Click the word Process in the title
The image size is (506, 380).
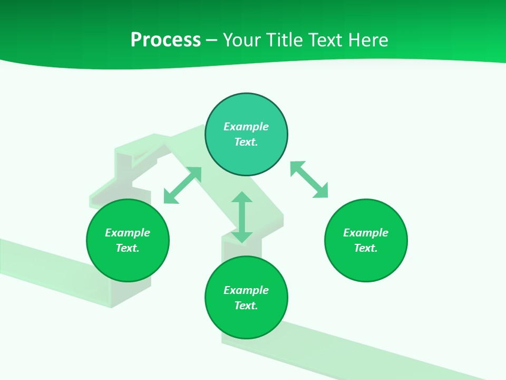[166, 40]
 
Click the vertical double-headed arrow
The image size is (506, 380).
[242, 217]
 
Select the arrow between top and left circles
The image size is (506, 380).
[182, 185]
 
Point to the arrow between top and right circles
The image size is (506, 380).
[309, 179]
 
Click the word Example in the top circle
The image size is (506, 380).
[246, 127]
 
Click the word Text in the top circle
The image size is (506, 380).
[246, 142]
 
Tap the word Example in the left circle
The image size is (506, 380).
[128, 233]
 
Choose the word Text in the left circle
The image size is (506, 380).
[128, 248]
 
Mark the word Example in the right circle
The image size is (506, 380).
[366, 233]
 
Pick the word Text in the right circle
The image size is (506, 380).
[366, 248]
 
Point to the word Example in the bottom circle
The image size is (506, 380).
[246, 290]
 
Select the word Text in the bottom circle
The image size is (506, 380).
[246, 306]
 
